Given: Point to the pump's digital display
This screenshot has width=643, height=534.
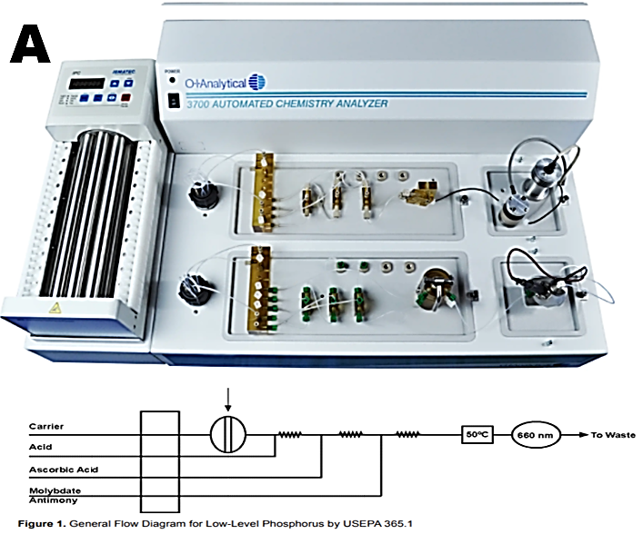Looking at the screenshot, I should (x=91, y=83).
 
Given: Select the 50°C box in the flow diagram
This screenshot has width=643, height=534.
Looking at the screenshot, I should (x=477, y=433).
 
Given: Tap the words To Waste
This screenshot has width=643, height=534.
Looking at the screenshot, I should (x=611, y=434).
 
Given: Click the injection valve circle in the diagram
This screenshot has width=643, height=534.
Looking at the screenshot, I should (x=228, y=433).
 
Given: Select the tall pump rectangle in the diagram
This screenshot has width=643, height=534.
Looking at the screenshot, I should (x=160, y=460).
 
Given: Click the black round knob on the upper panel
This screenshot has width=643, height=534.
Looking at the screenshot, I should (x=198, y=193).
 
